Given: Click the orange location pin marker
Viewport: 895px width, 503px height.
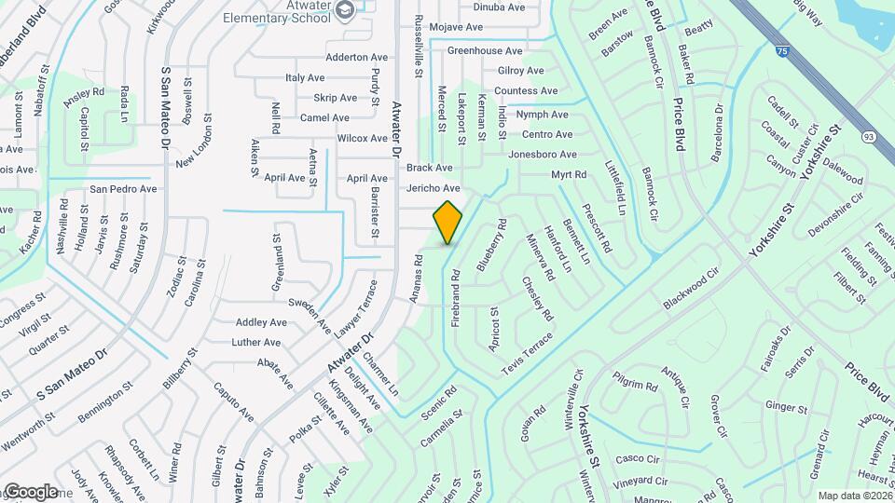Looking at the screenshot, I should tap(447, 223).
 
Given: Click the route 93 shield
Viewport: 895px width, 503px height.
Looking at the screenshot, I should tap(869, 137).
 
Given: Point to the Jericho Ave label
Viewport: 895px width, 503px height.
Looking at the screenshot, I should tap(434, 188).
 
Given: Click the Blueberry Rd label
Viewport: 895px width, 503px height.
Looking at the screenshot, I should tap(491, 245).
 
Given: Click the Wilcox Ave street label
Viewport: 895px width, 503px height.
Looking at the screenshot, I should tap(362, 139).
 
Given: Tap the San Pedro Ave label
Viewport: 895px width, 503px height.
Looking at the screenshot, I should tap(123, 189).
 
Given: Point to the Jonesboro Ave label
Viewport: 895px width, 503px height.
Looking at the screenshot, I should tap(544, 155).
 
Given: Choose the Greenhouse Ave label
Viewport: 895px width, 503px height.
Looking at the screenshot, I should tap(485, 51).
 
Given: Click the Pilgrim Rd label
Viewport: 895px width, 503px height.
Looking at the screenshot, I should tap(636, 385).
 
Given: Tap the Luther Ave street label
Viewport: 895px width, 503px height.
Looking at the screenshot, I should tap(256, 343).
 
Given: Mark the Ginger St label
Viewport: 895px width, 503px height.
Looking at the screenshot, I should tap(786, 408).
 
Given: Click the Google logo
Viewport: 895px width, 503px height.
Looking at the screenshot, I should tap(31, 491).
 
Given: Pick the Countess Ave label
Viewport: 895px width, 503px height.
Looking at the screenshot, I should tap(526, 91).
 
